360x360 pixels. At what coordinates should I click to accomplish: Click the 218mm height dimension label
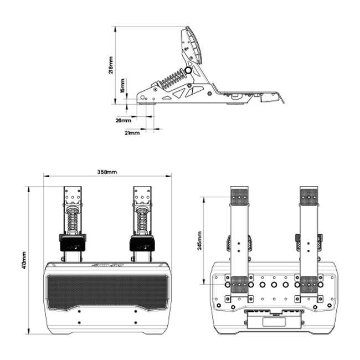coord(111,65)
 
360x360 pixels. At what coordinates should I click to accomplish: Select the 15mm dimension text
coord(123,86)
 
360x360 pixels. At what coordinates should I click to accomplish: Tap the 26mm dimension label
coord(124,120)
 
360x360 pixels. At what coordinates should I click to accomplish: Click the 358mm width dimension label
coord(107,172)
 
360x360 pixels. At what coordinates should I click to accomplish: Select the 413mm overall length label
coord(23,260)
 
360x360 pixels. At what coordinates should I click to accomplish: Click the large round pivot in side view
coord(189,70)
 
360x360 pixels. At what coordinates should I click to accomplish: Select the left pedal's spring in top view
coord(73,220)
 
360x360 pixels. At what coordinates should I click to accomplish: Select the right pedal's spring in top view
coord(142,220)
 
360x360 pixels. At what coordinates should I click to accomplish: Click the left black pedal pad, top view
coord(72,243)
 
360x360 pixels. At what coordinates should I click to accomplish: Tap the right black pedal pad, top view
coord(142,243)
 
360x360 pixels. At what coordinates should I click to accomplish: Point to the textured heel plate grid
coord(107,292)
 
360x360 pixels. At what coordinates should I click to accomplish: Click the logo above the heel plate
coord(107,265)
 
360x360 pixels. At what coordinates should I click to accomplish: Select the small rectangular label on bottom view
coord(274,321)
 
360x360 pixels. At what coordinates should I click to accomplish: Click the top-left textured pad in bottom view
coord(239,196)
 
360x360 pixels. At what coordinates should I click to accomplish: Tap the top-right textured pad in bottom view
coord(308,196)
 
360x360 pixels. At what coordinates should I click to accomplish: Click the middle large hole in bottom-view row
coord(274,284)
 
